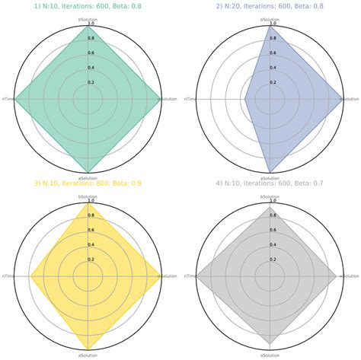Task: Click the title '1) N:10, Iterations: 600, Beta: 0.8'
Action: point(88,6)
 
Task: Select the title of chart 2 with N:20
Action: point(270,6)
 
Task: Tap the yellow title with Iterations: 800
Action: point(88,183)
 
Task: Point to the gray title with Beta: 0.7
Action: point(270,183)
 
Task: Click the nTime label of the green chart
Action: point(7,99)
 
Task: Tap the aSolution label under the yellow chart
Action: point(88,355)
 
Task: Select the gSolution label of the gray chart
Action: point(350,276)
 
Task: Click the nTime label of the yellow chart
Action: point(7,276)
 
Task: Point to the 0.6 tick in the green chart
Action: point(91,53)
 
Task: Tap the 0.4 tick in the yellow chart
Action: point(91,244)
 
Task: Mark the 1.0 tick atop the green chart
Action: point(91,24)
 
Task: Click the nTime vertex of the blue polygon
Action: point(244,99)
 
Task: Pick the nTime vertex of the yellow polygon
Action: point(30,276)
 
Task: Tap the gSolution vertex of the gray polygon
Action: point(336,276)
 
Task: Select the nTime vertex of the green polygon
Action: point(15,99)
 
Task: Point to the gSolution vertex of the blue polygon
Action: point(342,99)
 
